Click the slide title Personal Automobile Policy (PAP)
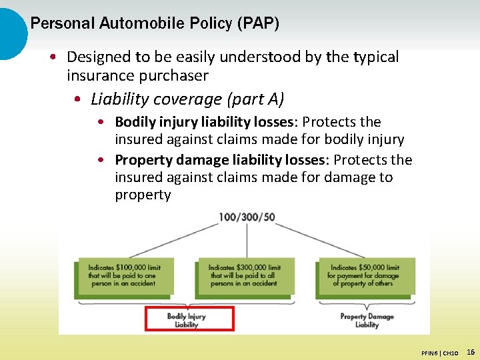tap(155, 24)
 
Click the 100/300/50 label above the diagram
tap(247, 217)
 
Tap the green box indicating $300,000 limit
tap(244, 276)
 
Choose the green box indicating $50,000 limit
tap(365, 276)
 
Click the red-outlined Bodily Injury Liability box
tap(189, 319)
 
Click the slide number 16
tap(471, 352)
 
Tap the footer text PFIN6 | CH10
tap(439, 353)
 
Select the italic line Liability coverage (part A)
tap(187, 99)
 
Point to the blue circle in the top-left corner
tap(10, 33)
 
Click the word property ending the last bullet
tap(143, 195)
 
